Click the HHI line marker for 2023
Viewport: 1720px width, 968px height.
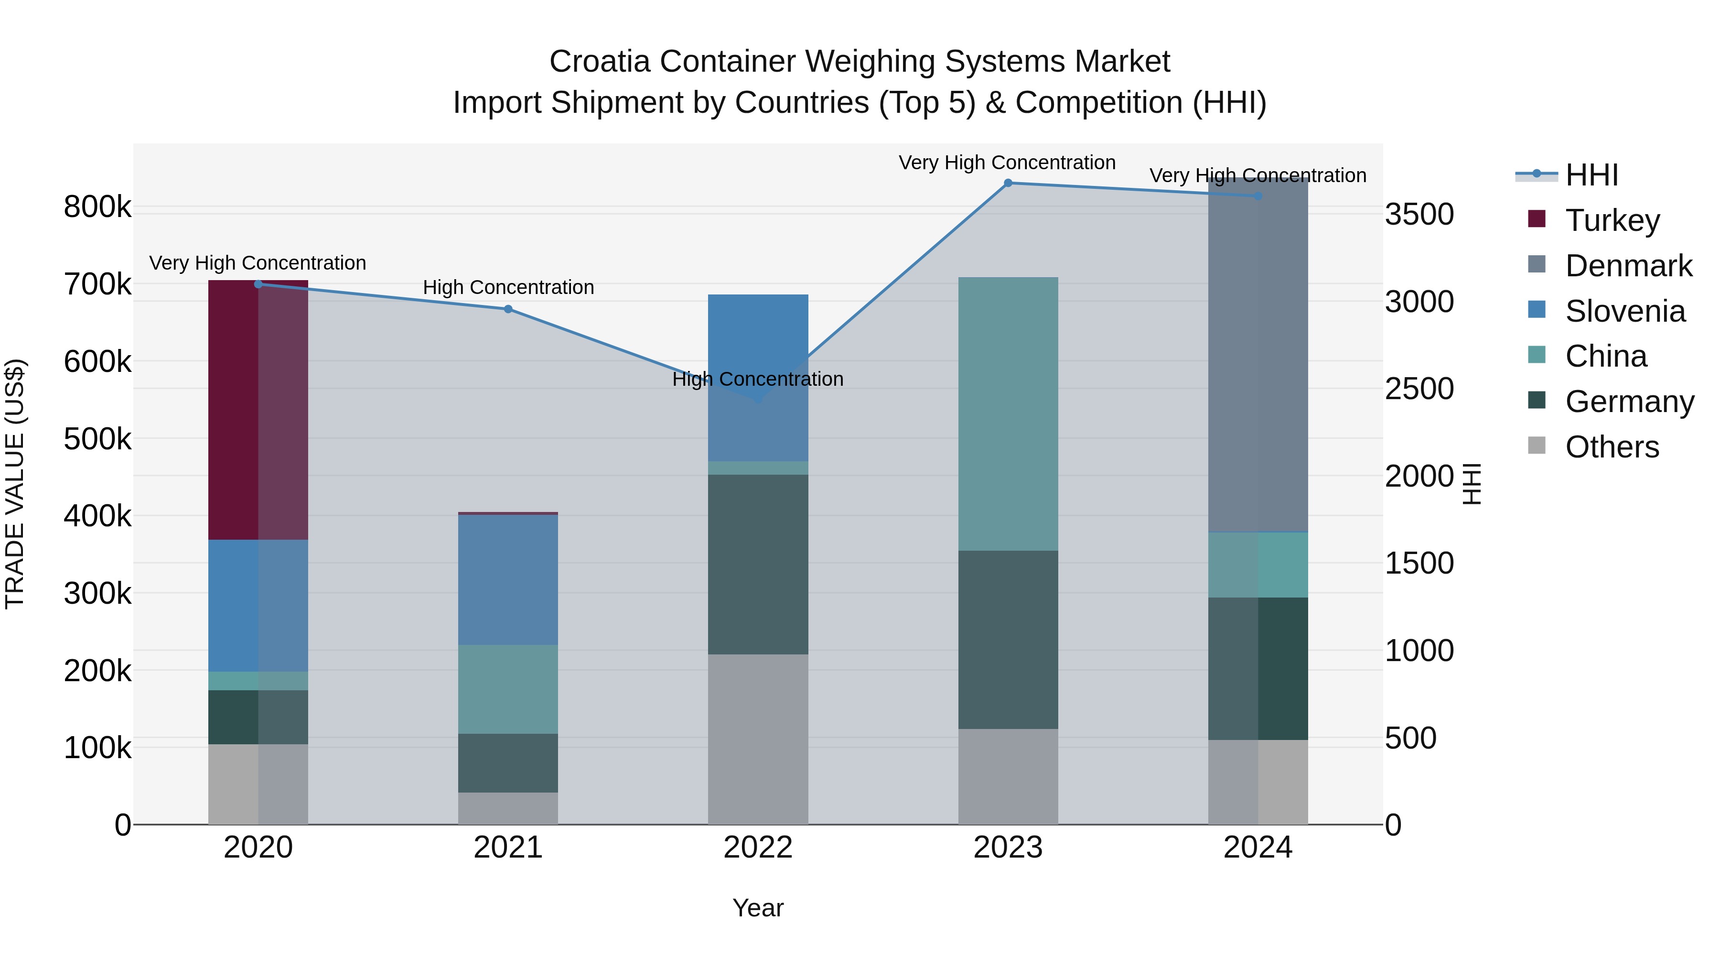point(1008,183)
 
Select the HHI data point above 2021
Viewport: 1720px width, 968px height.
point(508,309)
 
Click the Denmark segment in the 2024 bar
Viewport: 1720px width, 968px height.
point(1258,354)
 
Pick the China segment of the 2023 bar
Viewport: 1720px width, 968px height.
point(1008,413)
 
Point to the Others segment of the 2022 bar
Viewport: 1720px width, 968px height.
point(758,739)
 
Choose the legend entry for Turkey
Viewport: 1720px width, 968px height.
point(1612,220)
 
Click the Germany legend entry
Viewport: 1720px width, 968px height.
point(1629,402)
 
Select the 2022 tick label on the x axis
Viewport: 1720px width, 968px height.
point(758,848)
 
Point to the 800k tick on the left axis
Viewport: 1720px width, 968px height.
point(97,207)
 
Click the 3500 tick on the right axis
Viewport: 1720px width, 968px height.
point(1419,215)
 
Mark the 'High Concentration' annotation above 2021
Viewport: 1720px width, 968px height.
point(508,287)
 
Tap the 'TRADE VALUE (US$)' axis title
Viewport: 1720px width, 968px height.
point(15,484)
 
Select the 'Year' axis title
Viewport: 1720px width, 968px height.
point(758,908)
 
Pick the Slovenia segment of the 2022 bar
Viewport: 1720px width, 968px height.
point(758,378)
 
